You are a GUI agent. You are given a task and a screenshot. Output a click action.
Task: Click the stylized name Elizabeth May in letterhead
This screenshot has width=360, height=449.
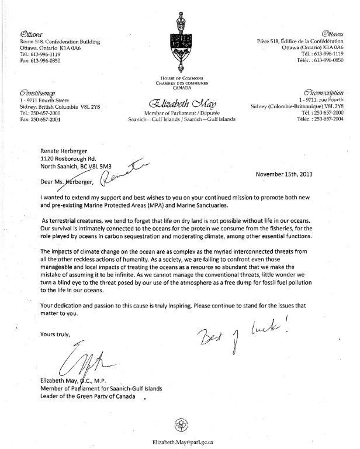(179, 104)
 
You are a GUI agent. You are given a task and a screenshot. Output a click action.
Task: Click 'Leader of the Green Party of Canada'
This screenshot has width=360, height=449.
(88, 398)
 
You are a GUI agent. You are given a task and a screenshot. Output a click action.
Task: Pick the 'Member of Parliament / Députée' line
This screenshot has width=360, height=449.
(179, 113)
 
